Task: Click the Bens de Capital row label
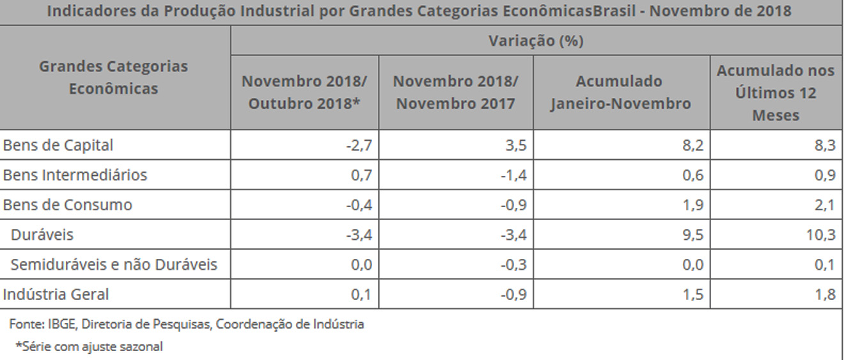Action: point(58,145)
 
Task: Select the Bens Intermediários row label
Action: point(75,175)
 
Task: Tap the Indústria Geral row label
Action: point(56,294)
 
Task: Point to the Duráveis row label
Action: point(42,235)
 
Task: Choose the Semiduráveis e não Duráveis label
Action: point(114,264)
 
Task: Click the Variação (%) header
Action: point(536,41)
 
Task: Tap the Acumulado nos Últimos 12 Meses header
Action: point(776,93)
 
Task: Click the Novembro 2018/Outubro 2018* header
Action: point(304,93)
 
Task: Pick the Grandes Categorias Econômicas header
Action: point(114,77)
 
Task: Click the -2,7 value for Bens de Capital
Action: point(359,146)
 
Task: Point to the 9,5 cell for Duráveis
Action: point(692,235)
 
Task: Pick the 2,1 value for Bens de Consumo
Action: point(824,205)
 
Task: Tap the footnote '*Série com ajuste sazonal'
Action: point(90,347)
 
